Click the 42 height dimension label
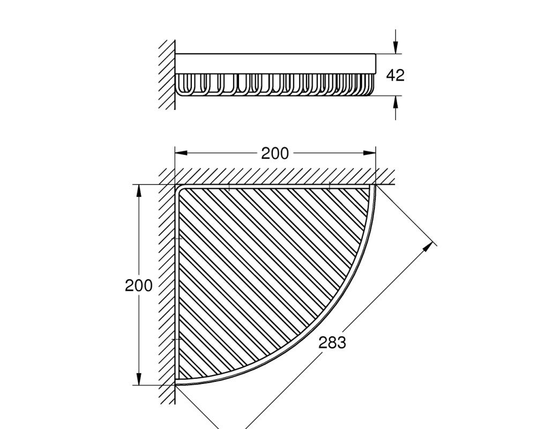point(395,75)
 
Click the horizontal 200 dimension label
point(275,153)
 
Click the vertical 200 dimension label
point(138,285)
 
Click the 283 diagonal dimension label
point(332,342)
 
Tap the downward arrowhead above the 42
point(396,47)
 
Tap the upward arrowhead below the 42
point(396,102)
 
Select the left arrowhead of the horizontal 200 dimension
point(181,153)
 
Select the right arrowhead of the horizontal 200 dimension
point(369,153)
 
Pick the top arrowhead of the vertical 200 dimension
point(138,191)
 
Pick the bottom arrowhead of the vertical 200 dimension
point(138,379)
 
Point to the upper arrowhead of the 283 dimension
point(427,247)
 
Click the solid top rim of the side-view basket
point(276,64)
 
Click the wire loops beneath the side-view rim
point(274,85)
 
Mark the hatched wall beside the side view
point(167,75)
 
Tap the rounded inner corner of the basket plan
point(178,188)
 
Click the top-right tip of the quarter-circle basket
point(375,186)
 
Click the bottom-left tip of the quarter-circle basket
point(176,384)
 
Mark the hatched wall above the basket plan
point(277,176)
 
